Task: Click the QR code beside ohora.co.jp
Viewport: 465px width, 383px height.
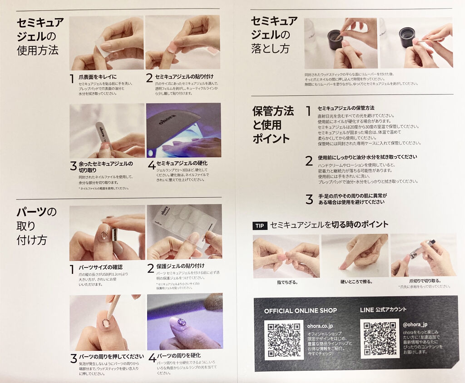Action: (284, 340)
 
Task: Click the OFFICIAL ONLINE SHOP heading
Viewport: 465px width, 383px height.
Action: (300, 311)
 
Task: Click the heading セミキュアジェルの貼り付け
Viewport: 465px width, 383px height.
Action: (184, 76)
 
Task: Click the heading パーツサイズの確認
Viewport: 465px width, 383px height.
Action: (100, 267)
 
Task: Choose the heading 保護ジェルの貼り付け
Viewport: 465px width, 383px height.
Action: (180, 266)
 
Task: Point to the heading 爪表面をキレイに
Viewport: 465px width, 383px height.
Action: (98, 76)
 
